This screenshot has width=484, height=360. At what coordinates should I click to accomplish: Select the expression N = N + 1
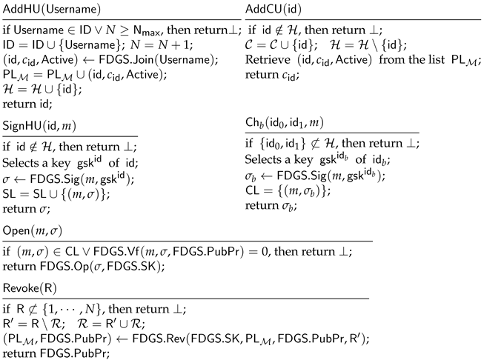(x=146, y=47)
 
